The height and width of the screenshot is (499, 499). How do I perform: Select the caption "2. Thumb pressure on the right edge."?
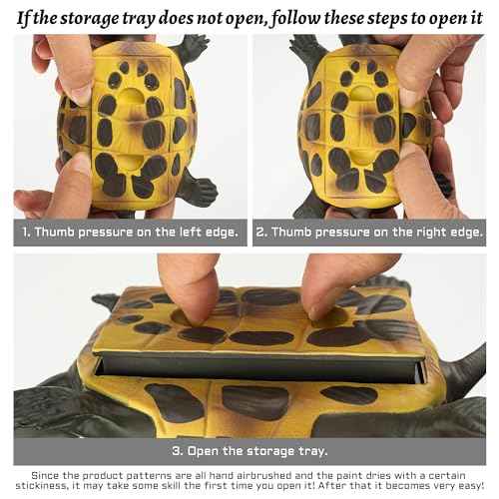[368, 233]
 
